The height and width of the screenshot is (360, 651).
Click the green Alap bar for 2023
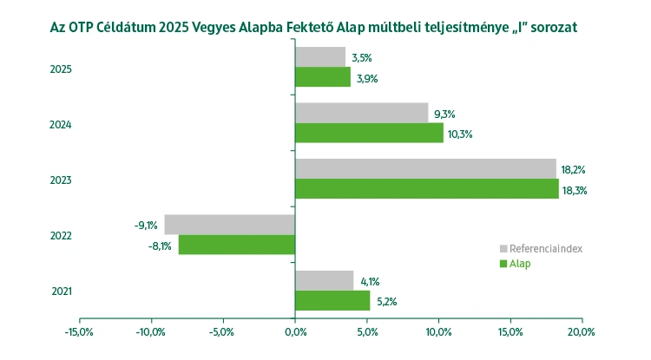[426, 189]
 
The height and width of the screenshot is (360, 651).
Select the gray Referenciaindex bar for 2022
[229, 225]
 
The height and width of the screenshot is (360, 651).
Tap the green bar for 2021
[332, 300]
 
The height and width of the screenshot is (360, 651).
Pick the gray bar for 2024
[361, 113]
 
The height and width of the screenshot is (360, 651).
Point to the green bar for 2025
[323, 77]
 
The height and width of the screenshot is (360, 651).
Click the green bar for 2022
[237, 245]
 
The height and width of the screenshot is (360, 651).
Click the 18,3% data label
[575, 190]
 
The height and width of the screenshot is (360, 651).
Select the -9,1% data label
[146, 226]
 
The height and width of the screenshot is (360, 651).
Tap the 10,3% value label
[459, 134]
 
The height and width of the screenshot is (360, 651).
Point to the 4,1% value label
[370, 281]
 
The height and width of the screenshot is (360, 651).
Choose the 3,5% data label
[362, 58]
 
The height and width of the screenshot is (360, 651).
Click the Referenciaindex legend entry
[545, 249]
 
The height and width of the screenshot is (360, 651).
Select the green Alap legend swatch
[503, 264]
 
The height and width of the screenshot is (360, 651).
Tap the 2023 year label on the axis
[61, 180]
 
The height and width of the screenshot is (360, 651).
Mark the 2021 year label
[61, 291]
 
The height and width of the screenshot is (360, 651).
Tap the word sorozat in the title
[550, 27]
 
